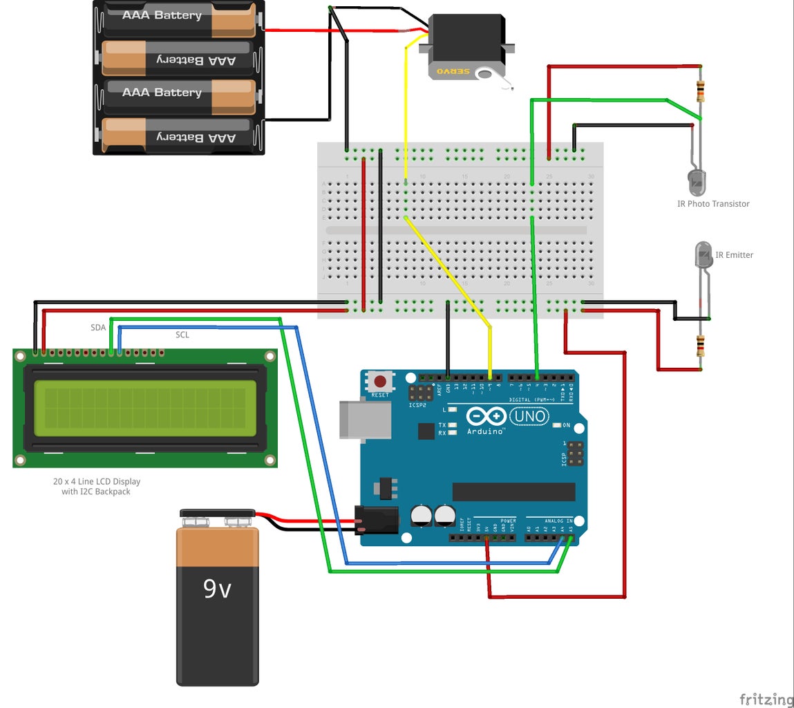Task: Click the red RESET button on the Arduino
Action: click(380, 382)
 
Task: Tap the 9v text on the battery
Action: click(217, 588)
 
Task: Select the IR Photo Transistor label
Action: click(712, 204)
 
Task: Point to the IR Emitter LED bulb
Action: click(703, 254)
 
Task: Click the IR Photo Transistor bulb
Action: click(697, 182)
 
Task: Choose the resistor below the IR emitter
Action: click(701, 344)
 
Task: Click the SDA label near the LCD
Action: click(98, 328)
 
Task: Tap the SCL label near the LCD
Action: click(182, 335)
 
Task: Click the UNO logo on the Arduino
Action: click(529, 416)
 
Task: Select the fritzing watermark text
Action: click(766, 699)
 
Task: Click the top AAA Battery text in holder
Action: click(162, 15)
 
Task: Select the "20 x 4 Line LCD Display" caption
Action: click(97, 481)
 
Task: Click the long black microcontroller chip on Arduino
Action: click(513, 492)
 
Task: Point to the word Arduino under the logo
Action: click(486, 431)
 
